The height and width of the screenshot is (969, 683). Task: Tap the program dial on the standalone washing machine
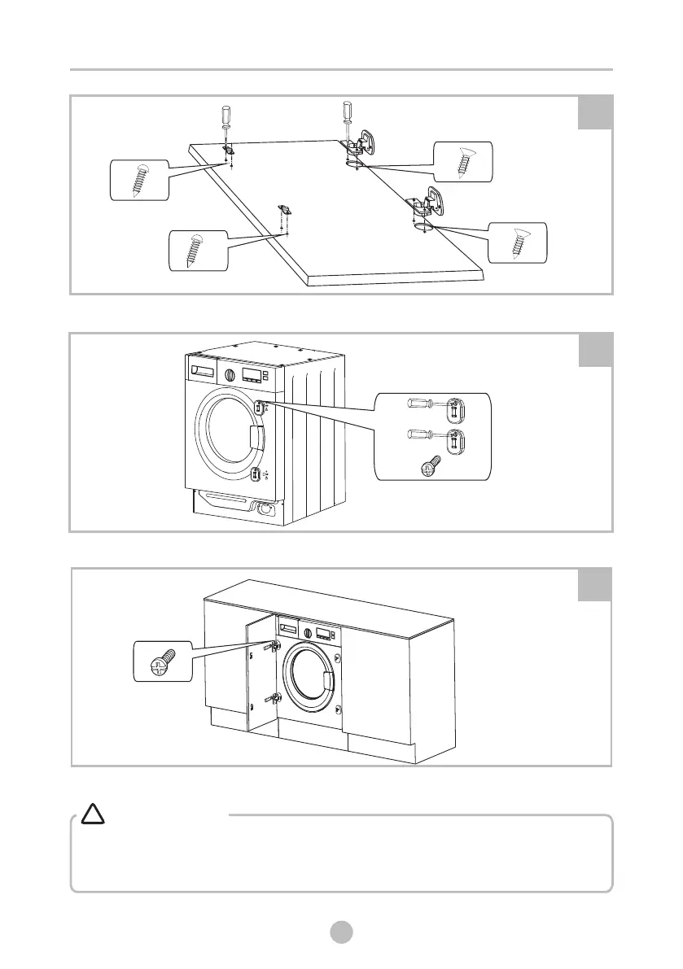(230, 376)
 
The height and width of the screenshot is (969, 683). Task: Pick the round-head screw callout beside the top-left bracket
(138, 180)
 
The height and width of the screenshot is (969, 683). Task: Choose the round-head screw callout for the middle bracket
(196, 249)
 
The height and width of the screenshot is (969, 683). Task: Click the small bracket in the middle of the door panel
(286, 211)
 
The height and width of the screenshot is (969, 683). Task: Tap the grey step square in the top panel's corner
(594, 111)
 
